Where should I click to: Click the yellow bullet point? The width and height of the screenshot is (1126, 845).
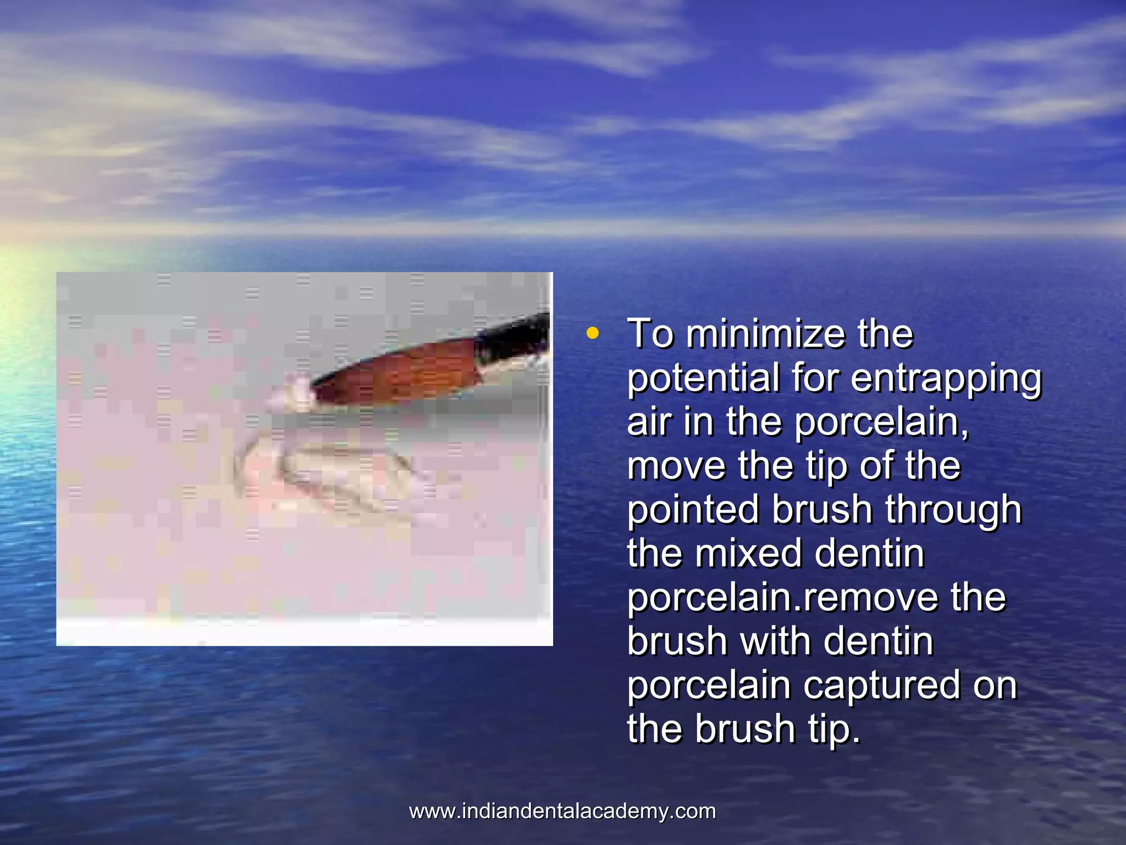point(592,333)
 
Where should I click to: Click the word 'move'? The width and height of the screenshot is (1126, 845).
point(676,465)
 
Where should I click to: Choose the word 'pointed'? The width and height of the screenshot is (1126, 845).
point(693,509)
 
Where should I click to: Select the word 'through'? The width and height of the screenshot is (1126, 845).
point(953,509)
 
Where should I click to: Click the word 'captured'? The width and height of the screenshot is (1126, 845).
point(882,685)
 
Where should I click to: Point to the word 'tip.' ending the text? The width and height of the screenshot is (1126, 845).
point(834,729)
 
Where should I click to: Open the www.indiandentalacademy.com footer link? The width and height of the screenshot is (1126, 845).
point(562,811)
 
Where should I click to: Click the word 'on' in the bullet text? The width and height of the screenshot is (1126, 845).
point(995,685)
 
